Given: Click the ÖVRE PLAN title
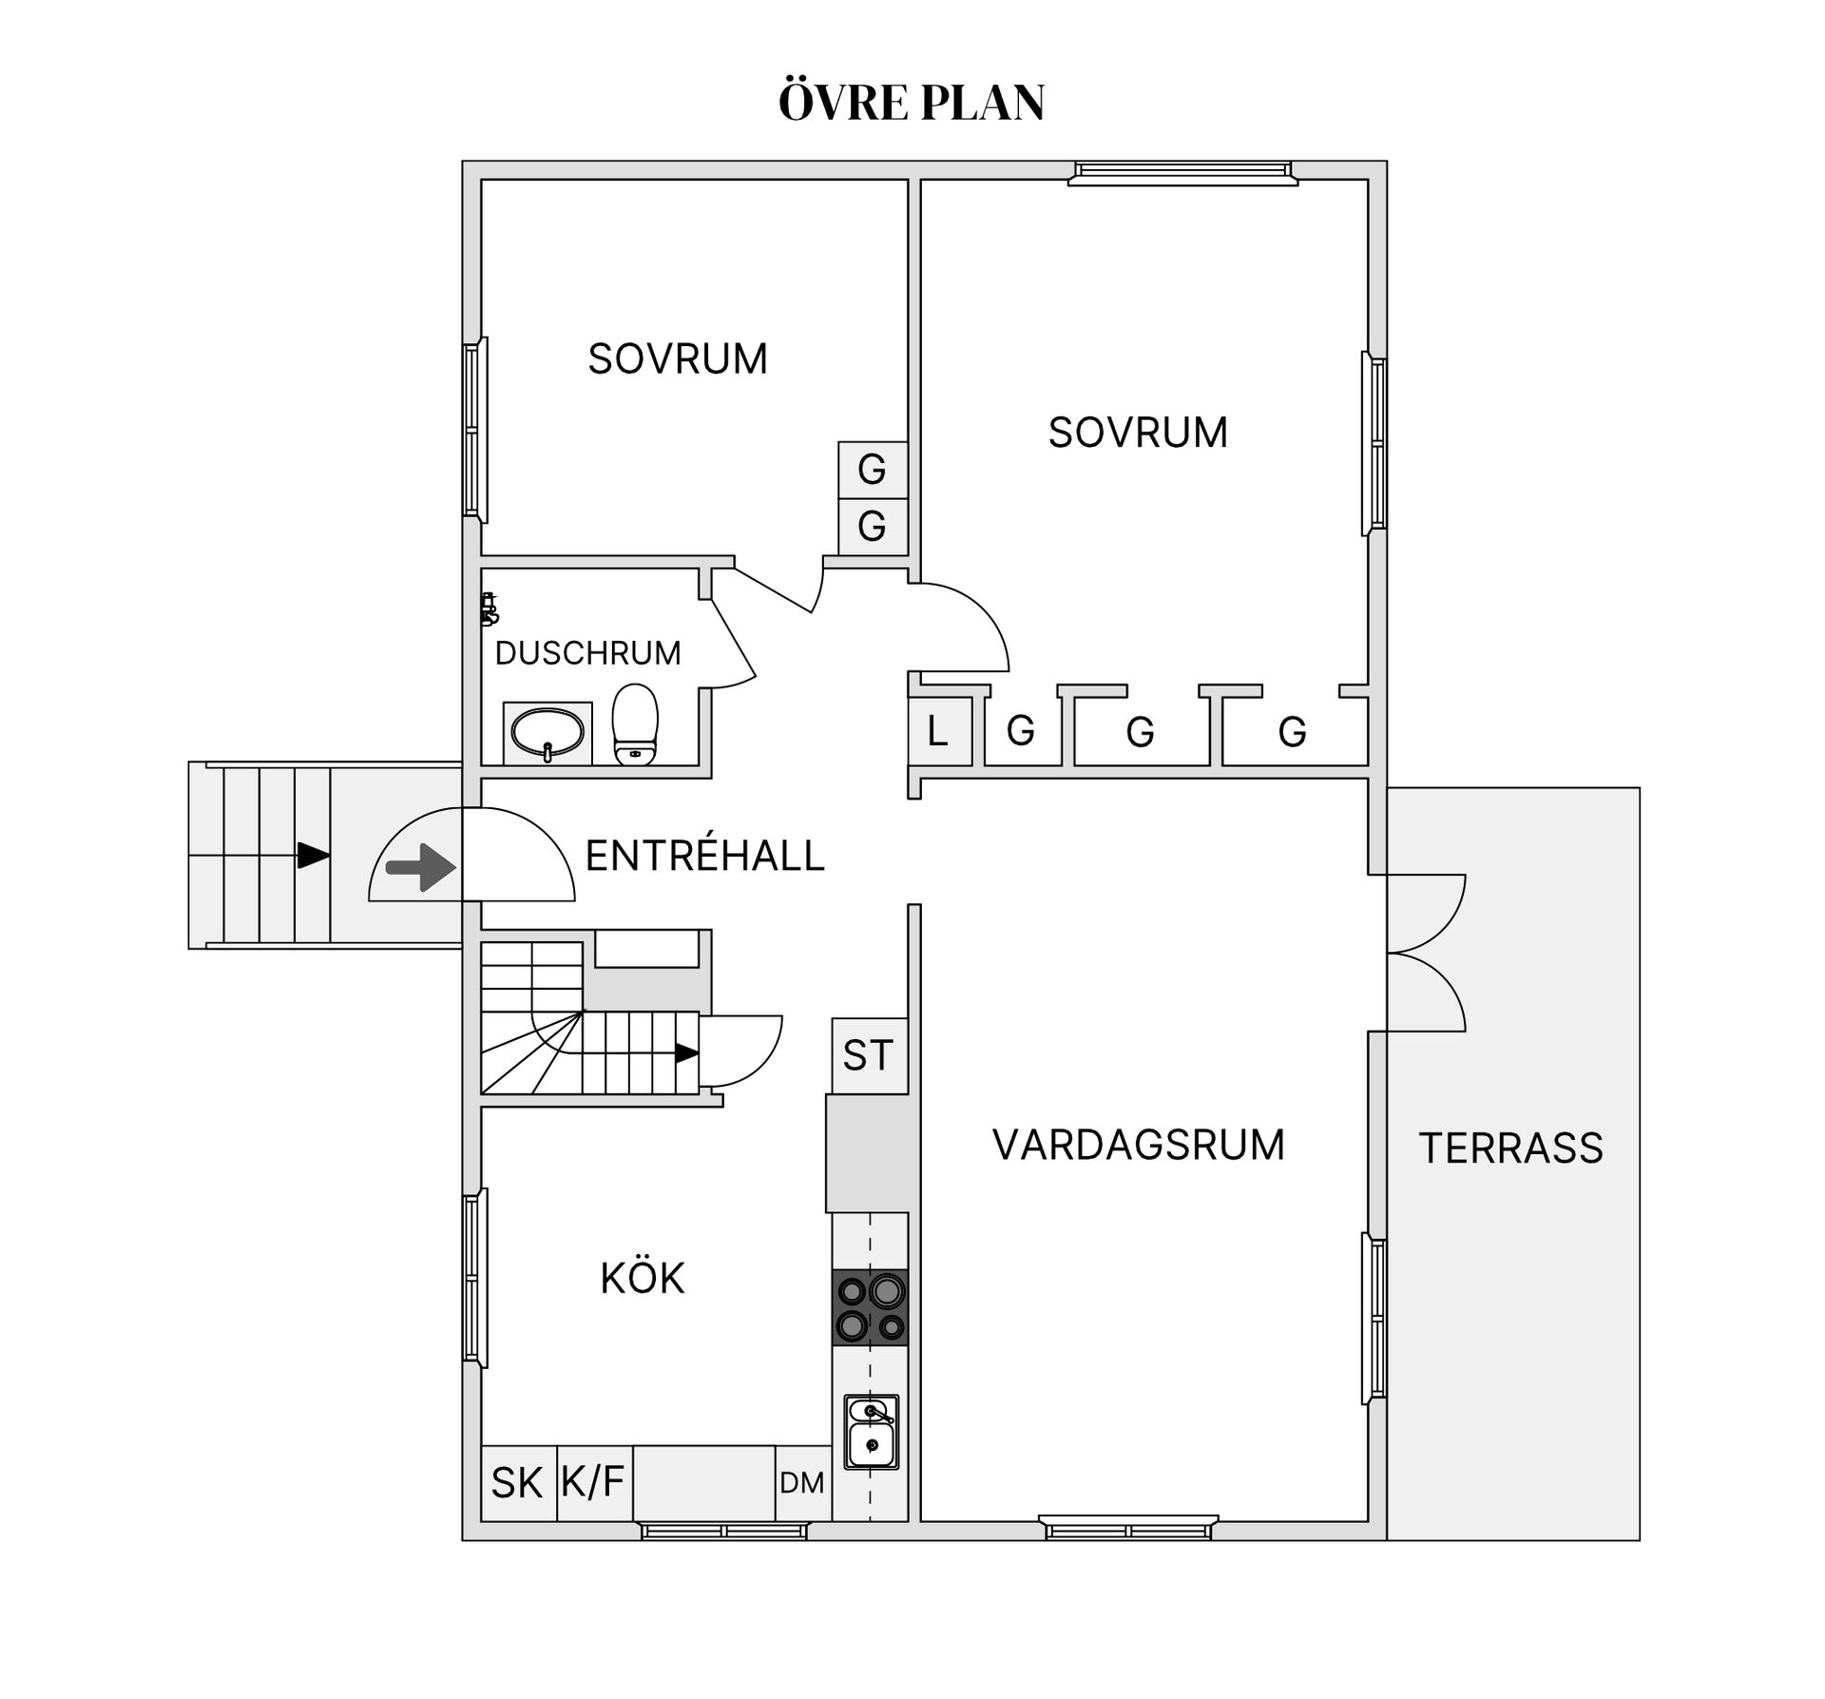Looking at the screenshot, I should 912,103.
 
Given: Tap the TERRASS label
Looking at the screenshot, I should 1510,1148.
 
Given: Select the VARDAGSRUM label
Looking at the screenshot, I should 1138,1144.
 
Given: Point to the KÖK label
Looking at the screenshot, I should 643,1278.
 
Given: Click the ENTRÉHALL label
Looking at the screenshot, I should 704,856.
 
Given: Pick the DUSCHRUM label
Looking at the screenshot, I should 588,653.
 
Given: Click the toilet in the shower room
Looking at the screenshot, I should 635,724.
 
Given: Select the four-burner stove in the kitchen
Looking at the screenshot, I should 870,1307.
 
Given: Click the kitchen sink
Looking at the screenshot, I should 871,1432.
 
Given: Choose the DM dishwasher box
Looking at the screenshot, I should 802,1482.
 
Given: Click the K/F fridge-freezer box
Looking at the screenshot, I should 593,1481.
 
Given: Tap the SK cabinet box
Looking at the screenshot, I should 517,1482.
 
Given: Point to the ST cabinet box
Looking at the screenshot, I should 868,1055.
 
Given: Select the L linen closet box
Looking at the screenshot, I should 938,731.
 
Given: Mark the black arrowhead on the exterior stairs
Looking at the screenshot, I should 313,855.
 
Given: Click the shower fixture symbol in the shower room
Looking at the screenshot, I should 489,608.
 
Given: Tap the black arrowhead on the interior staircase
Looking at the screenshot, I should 686,1052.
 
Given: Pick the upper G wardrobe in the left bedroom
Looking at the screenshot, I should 872,469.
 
